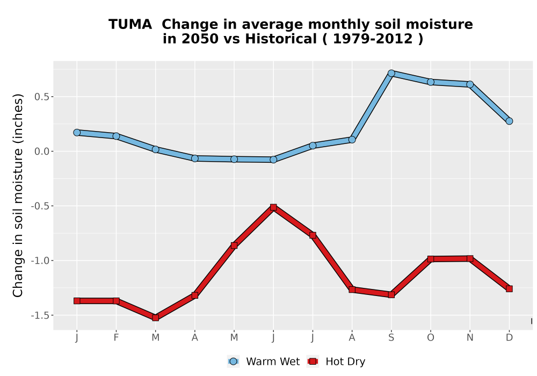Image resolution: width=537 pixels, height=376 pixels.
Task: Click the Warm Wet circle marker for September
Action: (x=391, y=73)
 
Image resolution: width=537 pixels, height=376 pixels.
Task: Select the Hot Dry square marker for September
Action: (x=391, y=294)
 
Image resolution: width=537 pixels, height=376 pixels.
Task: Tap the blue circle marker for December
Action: (x=509, y=121)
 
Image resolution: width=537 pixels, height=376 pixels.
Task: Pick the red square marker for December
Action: (x=509, y=288)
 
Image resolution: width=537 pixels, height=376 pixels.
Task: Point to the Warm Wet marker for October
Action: (x=431, y=82)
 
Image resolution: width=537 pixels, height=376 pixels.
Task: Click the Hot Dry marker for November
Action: (x=470, y=258)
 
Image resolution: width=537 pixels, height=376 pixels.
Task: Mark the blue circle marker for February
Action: (x=116, y=136)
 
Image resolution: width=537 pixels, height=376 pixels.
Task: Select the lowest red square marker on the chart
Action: (x=156, y=317)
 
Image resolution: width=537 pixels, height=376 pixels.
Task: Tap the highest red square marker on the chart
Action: (x=273, y=207)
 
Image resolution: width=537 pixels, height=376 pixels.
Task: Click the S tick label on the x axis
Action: (x=391, y=338)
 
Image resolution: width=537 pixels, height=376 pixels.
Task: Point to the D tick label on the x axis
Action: (x=509, y=338)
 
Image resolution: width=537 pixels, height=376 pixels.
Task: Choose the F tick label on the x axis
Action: (x=116, y=338)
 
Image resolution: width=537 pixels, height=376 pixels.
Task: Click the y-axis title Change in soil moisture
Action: (x=18, y=196)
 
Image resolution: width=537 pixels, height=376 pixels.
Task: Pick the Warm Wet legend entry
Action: (x=263, y=361)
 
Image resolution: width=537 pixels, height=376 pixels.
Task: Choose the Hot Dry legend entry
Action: (x=336, y=361)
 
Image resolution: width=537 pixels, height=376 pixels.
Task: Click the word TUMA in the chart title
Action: (x=130, y=24)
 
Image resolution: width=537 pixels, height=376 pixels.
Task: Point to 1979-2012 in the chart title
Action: (x=373, y=39)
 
